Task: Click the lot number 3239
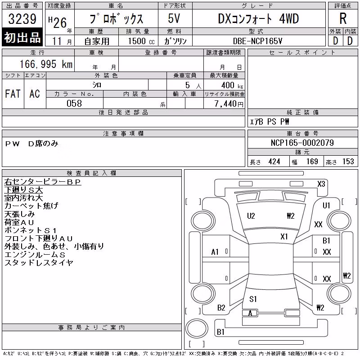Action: (x=22, y=18)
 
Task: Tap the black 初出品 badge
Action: (x=22, y=37)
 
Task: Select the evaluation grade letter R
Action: (x=343, y=18)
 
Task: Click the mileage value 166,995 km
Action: (x=46, y=64)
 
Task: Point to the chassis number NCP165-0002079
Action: (x=302, y=143)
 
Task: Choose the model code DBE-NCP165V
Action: (x=257, y=41)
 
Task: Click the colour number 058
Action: (x=74, y=103)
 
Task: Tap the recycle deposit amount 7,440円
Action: (x=229, y=104)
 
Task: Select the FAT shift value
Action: (x=13, y=94)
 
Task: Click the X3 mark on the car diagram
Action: (x=321, y=184)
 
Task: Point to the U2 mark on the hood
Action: (x=251, y=216)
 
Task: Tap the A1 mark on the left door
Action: (x=215, y=252)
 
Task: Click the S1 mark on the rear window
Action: (x=253, y=299)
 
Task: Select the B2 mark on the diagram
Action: (x=221, y=308)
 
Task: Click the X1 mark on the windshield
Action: (x=284, y=237)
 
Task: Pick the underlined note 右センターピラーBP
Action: (x=43, y=182)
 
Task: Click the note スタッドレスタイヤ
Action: (x=39, y=262)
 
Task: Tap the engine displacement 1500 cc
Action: (x=141, y=41)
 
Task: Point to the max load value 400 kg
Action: (x=232, y=85)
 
